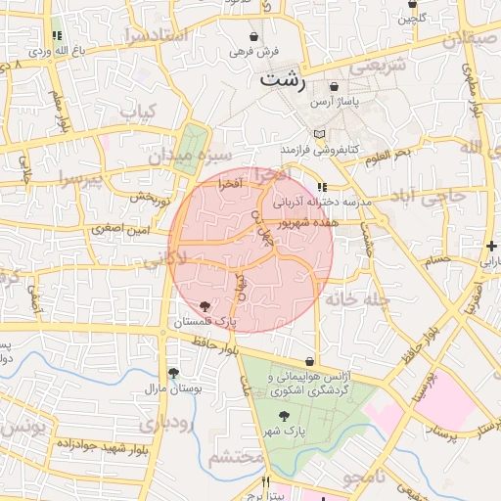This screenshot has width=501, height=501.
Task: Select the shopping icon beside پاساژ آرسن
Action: point(336,86)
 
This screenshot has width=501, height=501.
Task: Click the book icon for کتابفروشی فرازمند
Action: point(318,133)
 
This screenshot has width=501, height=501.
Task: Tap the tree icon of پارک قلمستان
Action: point(204,306)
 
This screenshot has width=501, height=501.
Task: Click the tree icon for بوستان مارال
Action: point(173,373)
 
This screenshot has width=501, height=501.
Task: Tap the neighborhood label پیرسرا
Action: point(78,179)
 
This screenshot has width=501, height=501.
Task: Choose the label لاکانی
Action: point(163,259)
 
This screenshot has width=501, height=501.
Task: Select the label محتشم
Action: point(237,457)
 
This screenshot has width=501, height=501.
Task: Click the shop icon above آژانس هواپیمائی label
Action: point(310,361)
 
